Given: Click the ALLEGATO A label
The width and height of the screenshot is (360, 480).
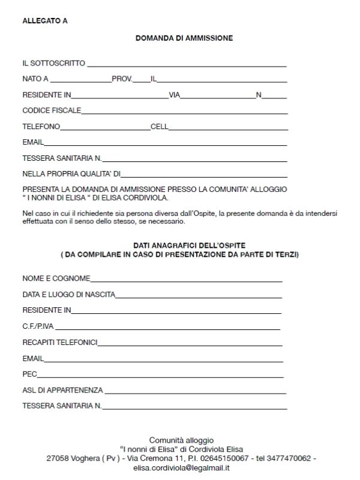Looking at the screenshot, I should point(45,21).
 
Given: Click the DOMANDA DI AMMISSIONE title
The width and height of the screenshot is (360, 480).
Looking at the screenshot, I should point(184,38).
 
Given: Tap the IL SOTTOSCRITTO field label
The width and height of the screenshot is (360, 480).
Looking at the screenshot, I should point(53,63).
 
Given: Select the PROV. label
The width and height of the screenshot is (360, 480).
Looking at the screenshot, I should point(122,79).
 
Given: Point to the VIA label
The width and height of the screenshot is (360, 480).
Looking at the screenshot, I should point(175,95).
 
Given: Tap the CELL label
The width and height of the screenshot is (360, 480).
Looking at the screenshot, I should point(160,127).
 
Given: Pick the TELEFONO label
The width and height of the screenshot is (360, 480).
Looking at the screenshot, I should point(41,127).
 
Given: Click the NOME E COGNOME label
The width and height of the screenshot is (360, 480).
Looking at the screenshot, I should point(56,278).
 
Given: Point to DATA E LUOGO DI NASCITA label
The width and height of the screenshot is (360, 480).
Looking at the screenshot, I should point(68,295).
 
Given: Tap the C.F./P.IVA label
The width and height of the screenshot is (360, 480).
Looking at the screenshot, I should point(38,326).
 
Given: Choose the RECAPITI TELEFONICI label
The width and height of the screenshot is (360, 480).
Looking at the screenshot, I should point(60,343).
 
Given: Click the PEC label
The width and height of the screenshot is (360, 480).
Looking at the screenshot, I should point(30,374).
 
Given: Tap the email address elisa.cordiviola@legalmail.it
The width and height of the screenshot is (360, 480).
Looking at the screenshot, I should point(181,468).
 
